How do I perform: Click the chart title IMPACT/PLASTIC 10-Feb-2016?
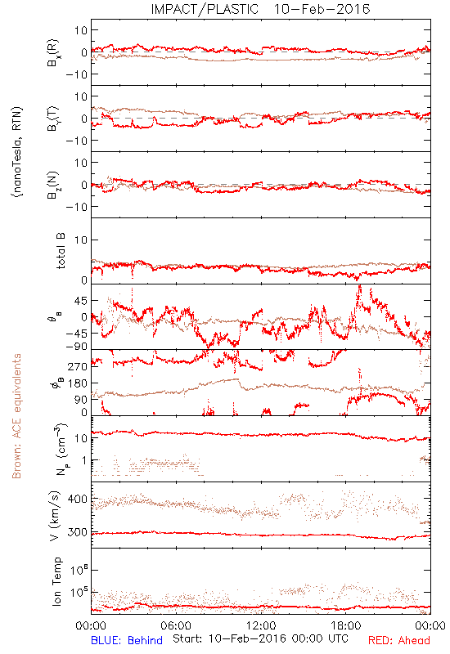coord(260,9)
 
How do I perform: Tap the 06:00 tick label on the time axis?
coord(176,625)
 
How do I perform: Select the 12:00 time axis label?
coord(261,625)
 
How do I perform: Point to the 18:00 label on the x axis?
coord(346,625)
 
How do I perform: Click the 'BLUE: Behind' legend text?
coord(127,640)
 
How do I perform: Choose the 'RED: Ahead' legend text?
coord(399,640)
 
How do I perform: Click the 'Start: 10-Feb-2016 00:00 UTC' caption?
coord(260,638)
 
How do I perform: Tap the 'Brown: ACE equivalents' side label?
coord(16,416)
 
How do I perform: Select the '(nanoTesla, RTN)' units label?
coord(17,152)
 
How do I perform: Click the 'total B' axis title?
coord(61,251)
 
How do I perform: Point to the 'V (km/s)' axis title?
coord(55,516)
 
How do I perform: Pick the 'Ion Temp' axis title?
coord(56,581)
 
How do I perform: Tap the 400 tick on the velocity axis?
coord(77,499)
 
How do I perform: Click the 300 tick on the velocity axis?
coord(77,532)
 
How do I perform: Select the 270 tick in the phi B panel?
coord(77,366)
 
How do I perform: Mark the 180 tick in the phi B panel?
coord(77,383)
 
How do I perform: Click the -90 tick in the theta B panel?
coord(76,347)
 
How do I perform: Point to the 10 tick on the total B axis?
coord(81,240)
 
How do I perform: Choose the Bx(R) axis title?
coord(53,52)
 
